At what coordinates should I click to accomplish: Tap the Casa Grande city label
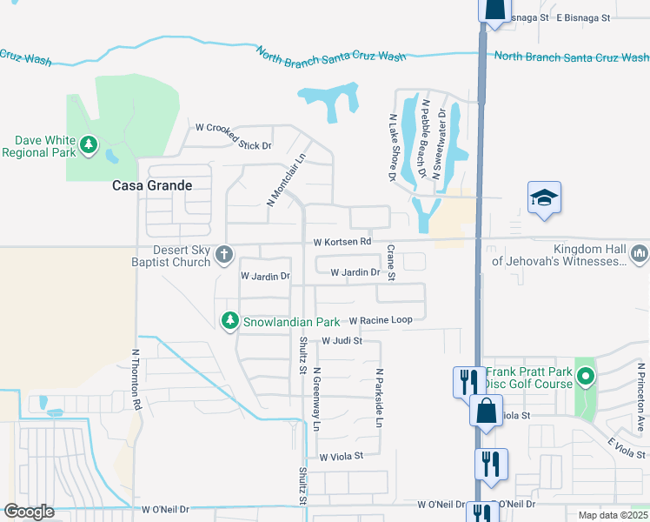click(x=151, y=185)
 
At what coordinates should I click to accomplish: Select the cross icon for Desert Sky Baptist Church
click(x=224, y=255)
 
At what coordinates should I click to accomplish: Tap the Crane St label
click(x=391, y=263)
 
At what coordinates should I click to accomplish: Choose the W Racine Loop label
click(x=381, y=319)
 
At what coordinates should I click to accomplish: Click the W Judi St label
click(x=342, y=341)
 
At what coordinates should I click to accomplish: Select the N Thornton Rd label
click(x=136, y=380)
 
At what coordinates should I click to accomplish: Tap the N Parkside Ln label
click(x=379, y=397)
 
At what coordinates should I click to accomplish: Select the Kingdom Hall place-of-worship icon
click(x=640, y=253)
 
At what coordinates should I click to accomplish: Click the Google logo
click(x=29, y=512)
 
